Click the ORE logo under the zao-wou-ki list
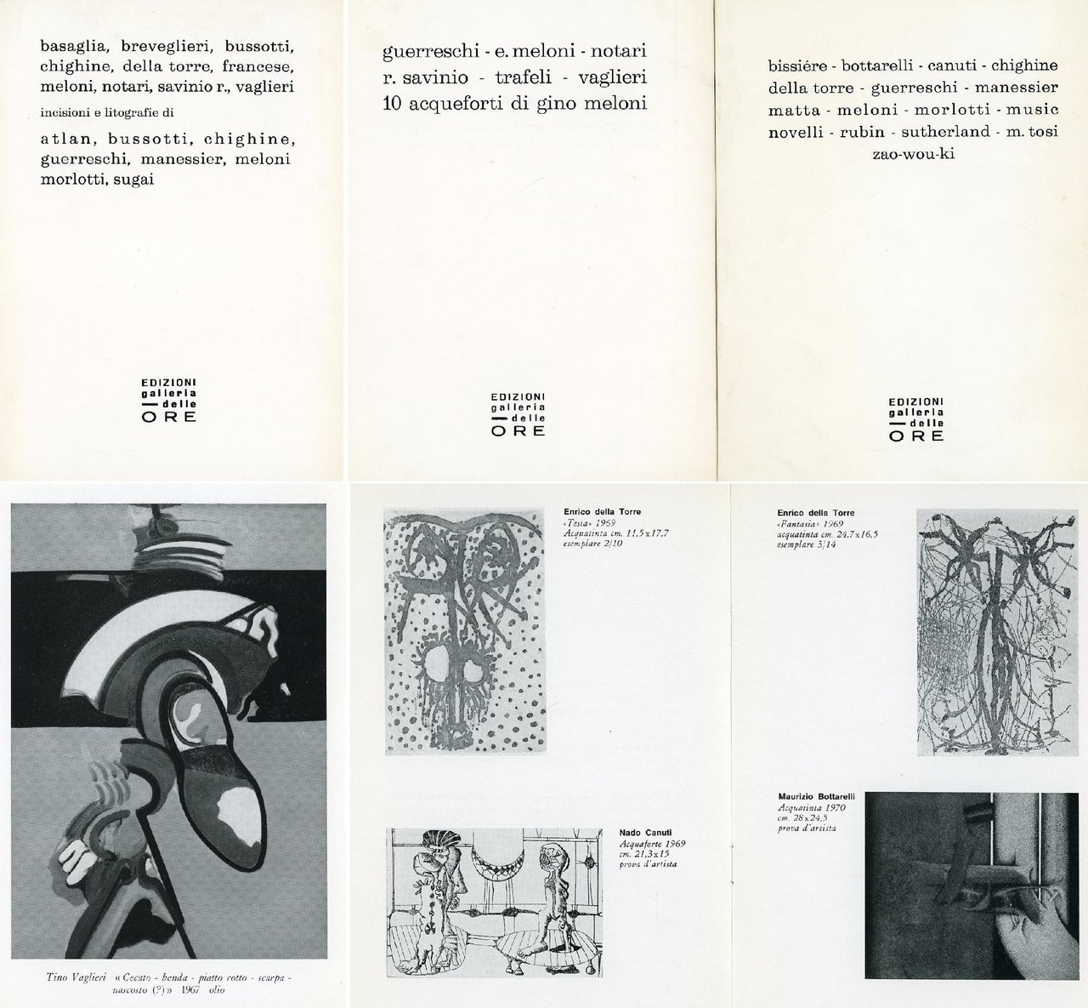915,435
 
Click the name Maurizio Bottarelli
816,796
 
